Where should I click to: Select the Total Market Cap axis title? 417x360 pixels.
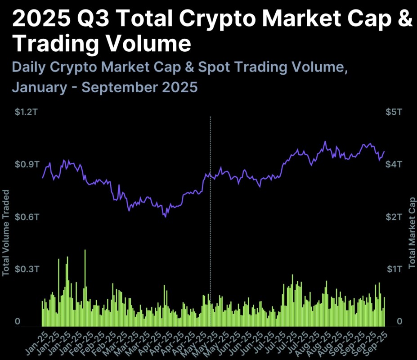(x=412, y=232)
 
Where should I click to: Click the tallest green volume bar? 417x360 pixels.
(x=85, y=288)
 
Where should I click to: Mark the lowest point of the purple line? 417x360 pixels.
(x=166, y=216)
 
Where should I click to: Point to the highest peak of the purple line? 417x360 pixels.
(x=325, y=142)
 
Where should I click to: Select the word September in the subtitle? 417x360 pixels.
(x=117, y=87)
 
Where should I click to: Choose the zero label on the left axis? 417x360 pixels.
(x=18, y=321)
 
